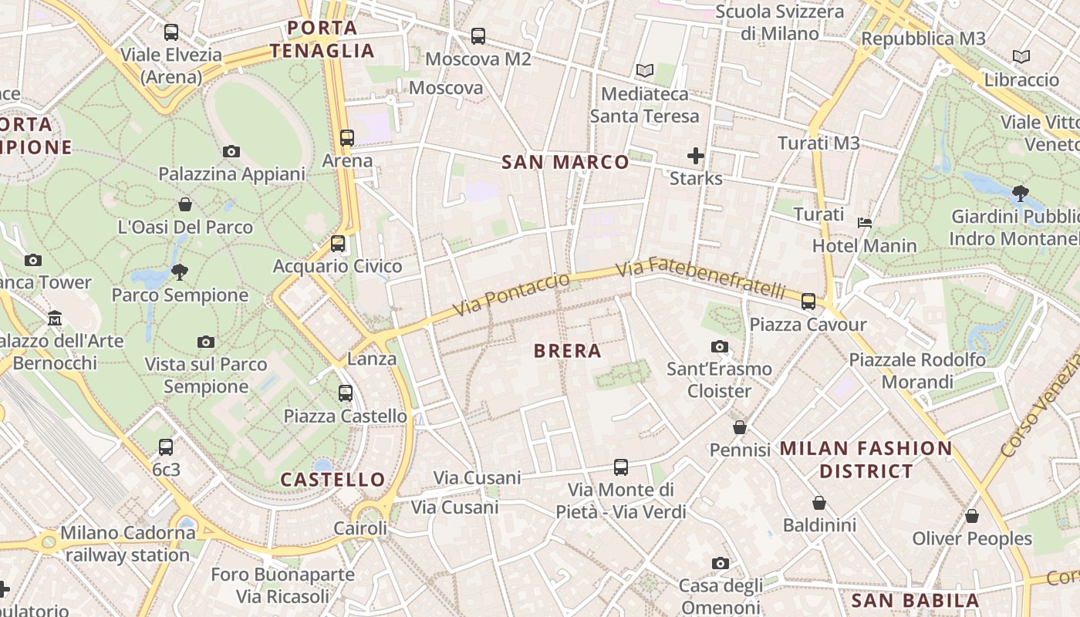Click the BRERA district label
[x=567, y=351]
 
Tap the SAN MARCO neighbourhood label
[x=565, y=162]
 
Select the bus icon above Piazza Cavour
[x=808, y=302]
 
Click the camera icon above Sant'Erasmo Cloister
[x=720, y=347]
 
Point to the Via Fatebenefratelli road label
[x=701, y=279]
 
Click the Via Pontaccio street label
[x=511, y=294]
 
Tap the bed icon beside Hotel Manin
[x=865, y=223]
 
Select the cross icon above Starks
[x=696, y=156]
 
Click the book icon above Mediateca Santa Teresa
[x=645, y=71]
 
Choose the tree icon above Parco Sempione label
[x=180, y=271]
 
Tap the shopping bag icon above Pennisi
[x=740, y=427]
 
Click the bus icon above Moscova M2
[x=478, y=36]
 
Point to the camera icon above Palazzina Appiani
[x=231, y=151]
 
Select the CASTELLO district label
[x=332, y=480]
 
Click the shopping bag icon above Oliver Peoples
[x=972, y=516]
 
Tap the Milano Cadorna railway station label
[x=128, y=544]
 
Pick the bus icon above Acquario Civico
[x=338, y=244]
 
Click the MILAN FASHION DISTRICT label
[x=866, y=460]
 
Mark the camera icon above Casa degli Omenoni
[x=721, y=564]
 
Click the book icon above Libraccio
[x=1021, y=57]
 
